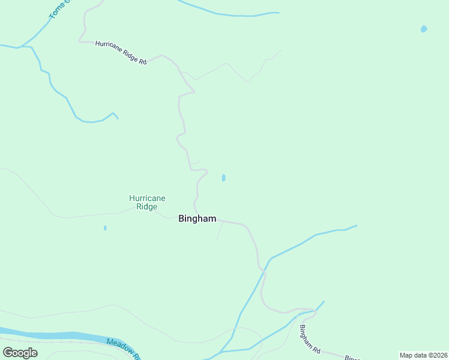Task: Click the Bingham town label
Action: (197, 219)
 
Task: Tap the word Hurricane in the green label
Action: (147, 198)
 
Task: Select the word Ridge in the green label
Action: (147, 207)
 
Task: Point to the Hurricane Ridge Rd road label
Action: (121, 53)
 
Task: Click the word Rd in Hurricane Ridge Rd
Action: (142, 61)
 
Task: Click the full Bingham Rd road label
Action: (310, 339)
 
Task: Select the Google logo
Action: (20, 353)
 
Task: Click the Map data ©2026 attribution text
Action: (423, 355)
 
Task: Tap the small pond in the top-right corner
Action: (424, 28)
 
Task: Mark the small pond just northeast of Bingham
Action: (223, 178)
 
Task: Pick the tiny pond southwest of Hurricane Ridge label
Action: (105, 228)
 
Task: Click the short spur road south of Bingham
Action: (219, 231)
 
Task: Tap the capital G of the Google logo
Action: (8, 353)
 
